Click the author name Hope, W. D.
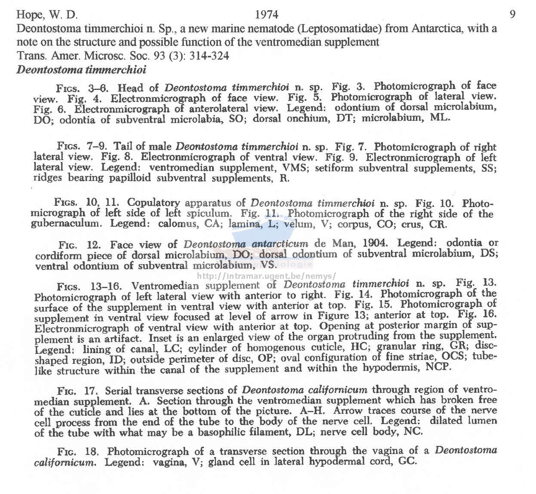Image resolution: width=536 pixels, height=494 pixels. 47,15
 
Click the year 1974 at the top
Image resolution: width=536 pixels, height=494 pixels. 267,15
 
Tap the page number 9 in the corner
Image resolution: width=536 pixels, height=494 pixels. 512,15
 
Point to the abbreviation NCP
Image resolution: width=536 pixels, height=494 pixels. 438,368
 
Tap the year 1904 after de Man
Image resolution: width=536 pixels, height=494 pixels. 376,244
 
